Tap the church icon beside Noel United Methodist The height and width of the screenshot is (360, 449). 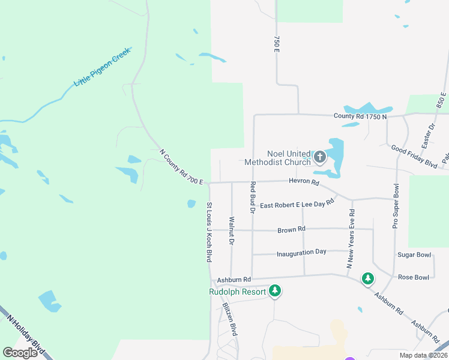320,158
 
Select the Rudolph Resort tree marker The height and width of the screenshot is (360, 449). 275,291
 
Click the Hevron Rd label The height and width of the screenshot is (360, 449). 304,181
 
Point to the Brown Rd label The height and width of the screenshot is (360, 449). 292,229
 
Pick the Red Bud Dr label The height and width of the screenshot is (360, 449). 253,197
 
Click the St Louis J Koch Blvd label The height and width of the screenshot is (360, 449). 209,232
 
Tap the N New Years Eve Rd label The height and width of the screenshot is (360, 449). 350,239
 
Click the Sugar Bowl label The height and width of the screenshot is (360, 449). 414,255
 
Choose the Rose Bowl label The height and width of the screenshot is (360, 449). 414,277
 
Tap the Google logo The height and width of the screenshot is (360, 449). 20,353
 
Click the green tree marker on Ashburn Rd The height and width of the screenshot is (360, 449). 367,278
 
